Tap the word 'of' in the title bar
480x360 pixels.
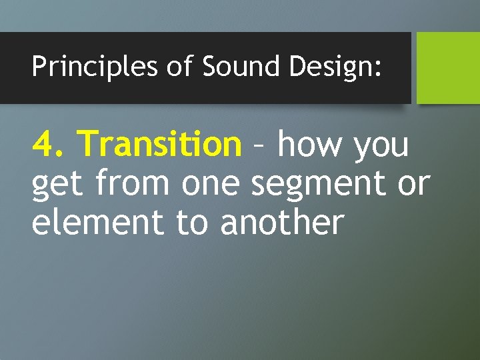click(x=179, y=67)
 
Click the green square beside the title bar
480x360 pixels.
click(x=448, y=67)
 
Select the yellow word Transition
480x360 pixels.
click(x=159, y=143)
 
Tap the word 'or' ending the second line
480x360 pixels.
click(x=413, y=185)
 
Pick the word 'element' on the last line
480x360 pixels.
click(x=99, y=223)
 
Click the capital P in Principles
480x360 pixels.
click(x=39, y=67)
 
